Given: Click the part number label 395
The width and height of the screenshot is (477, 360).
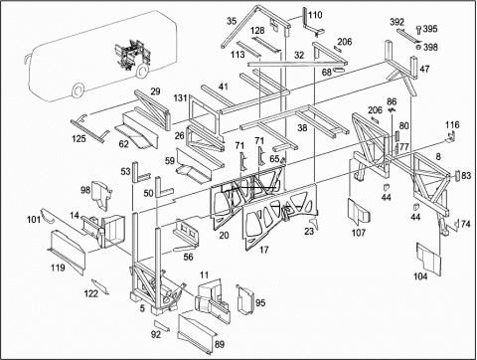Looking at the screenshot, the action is click(430, 29).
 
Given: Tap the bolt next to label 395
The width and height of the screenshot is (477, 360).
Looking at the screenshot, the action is click(418, 30).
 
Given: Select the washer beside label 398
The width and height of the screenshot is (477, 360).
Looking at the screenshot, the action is click(418, 47).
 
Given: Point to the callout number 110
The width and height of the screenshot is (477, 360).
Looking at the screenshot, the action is click(315, 15).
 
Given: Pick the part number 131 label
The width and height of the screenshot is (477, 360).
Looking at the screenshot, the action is click(181, 98).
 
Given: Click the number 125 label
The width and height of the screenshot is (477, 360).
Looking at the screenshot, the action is click(79, 138).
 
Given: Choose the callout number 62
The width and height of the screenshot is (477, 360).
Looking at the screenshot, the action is click(123, 144).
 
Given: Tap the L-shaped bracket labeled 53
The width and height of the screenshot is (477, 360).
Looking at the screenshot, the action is click(138, 172).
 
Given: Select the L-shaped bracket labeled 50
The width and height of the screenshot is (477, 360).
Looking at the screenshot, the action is click(160, 187).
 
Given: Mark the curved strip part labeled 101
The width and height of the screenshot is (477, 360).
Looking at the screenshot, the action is click(49, 217).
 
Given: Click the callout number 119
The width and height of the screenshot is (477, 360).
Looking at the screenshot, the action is click(58, 268).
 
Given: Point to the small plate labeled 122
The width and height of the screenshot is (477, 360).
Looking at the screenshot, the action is click(100, 286).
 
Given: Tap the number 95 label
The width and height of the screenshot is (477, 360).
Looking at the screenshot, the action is click(260, 303).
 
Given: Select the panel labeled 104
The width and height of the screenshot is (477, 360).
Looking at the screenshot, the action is click(428, 260).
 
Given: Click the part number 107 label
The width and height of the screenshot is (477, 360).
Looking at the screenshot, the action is click(359, 233).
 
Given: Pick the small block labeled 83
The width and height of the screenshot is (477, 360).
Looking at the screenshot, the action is click(457, 175).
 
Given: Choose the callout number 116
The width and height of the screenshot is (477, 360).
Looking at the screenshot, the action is click(452, 124).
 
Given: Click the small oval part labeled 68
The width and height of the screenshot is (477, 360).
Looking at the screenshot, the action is click(339, 70).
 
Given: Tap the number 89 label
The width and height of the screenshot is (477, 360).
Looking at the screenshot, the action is click(220, 344).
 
